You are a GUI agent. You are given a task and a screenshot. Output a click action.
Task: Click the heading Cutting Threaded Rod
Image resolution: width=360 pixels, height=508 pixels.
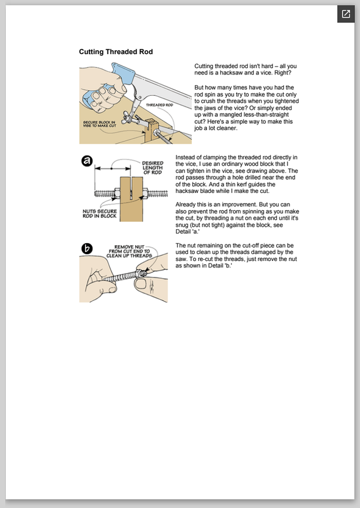pos(116,52)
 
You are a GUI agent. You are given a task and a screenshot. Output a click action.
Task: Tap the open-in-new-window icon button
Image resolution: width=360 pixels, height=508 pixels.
pos(346,14)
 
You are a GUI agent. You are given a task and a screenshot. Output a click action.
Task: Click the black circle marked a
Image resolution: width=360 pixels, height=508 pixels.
pos(87,161)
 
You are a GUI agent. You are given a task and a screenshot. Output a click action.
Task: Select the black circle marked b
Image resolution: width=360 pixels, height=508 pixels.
pos(87,248)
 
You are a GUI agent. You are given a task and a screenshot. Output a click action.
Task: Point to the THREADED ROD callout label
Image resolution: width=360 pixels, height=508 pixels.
pos(159,105)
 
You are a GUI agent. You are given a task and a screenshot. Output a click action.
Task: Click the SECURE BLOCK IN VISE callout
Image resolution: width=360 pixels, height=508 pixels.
pos(100,124)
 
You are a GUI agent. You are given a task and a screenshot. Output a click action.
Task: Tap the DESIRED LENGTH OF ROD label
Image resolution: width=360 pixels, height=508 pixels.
pos(152,168)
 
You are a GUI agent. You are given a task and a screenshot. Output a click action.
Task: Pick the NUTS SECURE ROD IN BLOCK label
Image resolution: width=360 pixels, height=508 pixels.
pos(100,213)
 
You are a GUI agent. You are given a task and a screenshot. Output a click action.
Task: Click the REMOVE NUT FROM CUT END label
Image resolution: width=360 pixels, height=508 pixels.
pos(130,251)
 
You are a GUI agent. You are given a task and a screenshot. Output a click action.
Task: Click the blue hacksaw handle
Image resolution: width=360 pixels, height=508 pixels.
pos(123,74)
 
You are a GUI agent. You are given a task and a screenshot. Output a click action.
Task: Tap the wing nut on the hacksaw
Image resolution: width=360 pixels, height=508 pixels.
pos(127,117)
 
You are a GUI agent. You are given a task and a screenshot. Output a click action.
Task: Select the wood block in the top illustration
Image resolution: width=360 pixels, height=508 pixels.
pos(150,130)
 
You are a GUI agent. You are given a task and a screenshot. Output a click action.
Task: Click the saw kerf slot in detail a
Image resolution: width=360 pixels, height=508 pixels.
pos(131,188)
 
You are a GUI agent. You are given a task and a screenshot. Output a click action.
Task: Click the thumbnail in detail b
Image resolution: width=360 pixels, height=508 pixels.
pos(140,284)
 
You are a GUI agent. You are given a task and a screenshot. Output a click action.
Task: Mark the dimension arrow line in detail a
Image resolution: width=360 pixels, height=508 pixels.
pos(112,168)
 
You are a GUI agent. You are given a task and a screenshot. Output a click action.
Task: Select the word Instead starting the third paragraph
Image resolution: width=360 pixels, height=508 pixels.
pos(185,157)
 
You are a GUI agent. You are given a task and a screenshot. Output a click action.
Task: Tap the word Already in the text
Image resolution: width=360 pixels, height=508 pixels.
pos(186,204)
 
